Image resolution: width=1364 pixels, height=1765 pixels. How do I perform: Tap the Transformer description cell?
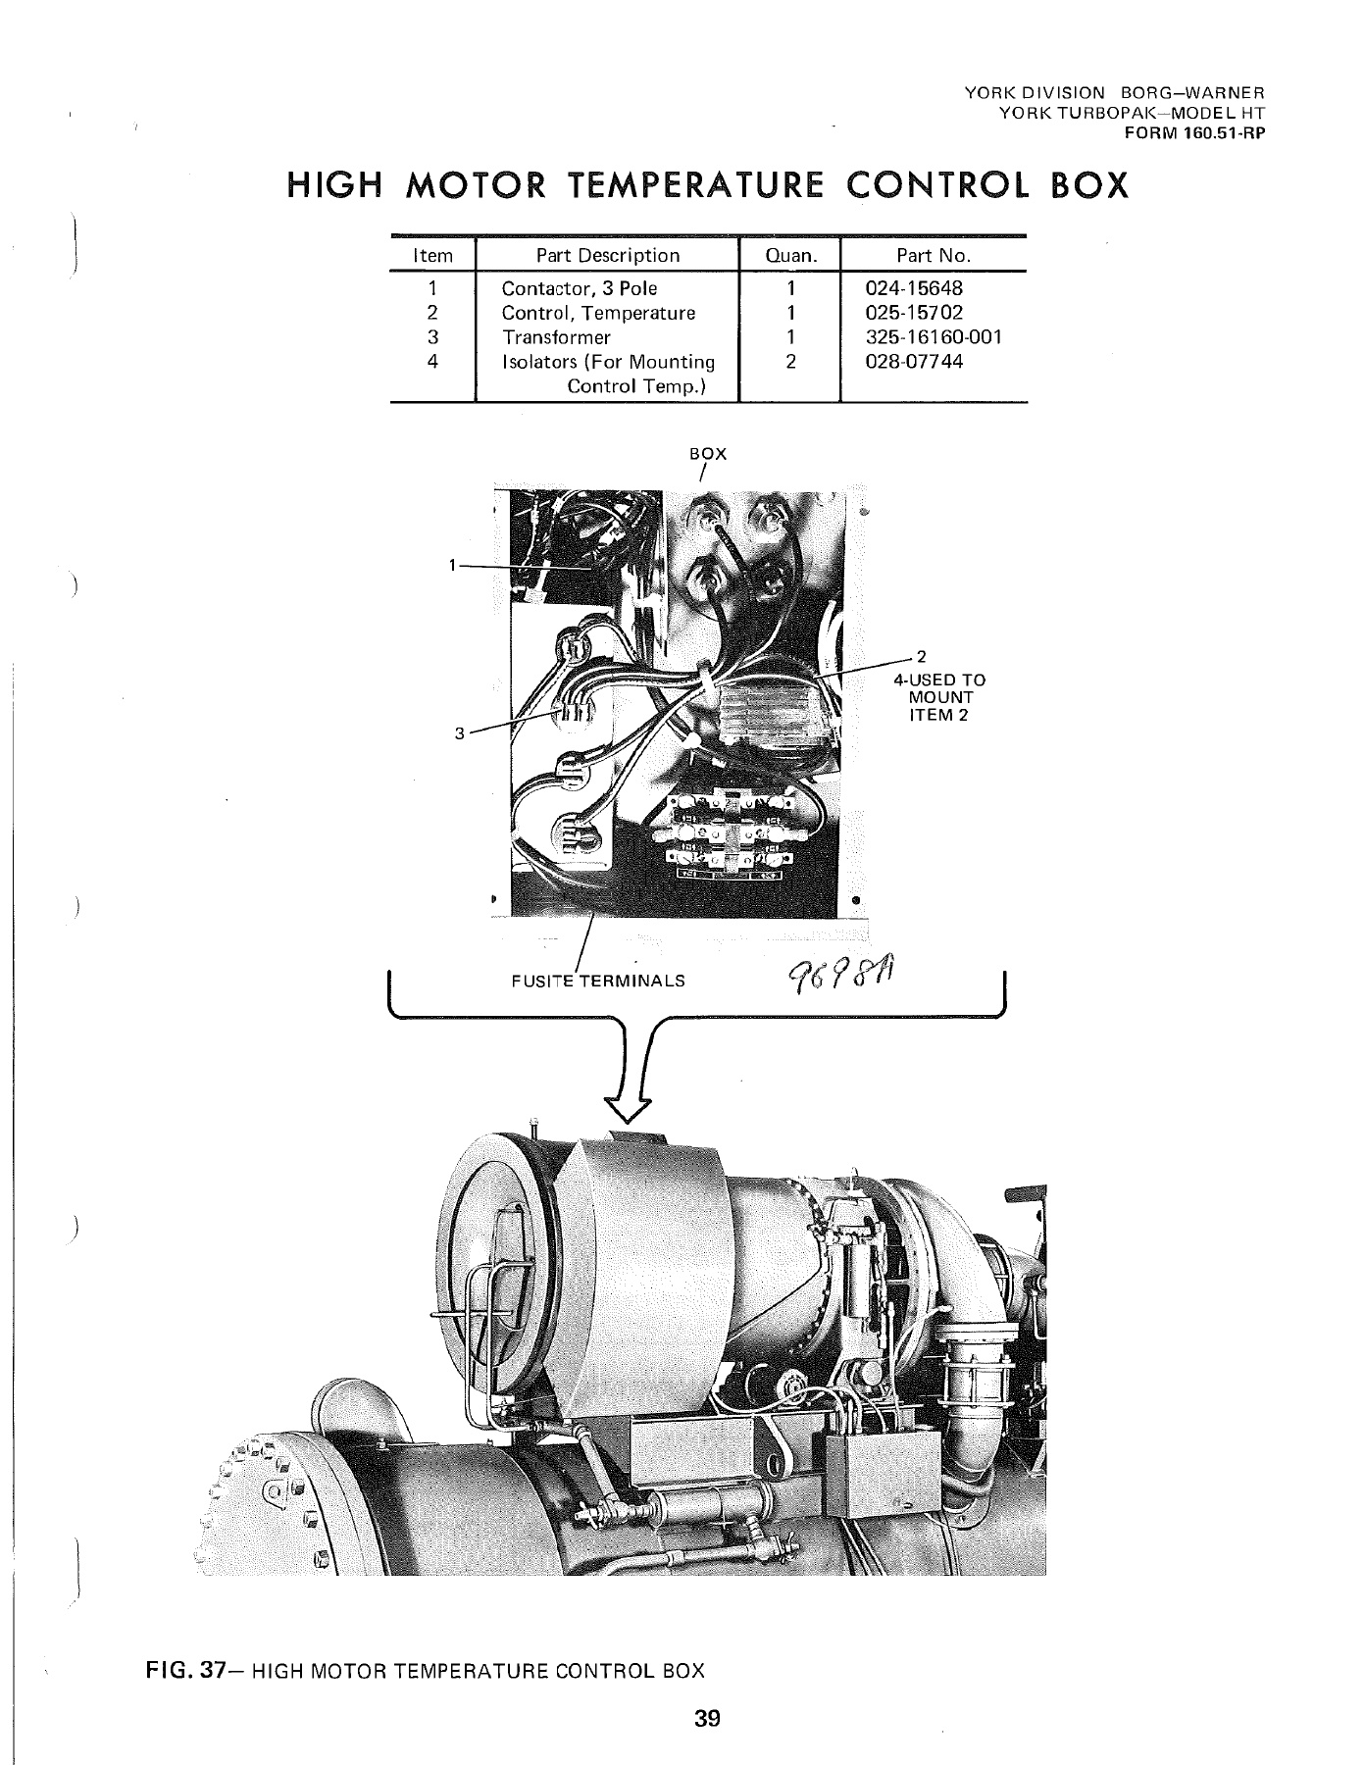coord(555,337)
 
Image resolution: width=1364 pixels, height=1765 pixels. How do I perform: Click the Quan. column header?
coord(789,256)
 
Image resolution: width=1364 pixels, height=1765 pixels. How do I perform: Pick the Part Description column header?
coord(607,256)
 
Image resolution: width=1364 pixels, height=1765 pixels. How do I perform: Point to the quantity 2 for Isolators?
coord(789,361)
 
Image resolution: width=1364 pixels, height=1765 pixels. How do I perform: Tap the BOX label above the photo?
coord(708,454)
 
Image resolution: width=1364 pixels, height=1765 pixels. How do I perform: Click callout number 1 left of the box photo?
coord(452,565)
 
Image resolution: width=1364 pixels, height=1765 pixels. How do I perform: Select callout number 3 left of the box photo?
coord(459,731)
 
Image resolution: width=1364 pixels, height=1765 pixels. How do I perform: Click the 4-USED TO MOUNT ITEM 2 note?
coord(945,696)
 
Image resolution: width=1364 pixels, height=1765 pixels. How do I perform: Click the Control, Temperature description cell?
coord(597,313)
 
